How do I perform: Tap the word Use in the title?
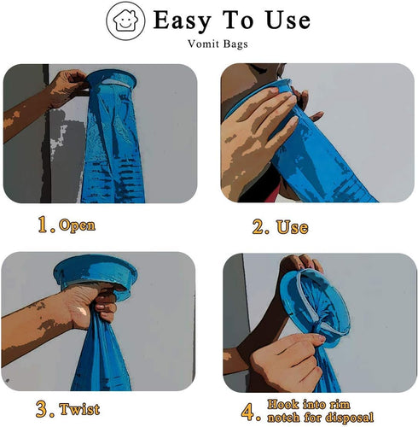click(x=283, y=20)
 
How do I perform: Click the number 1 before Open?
click(x=44, y=225)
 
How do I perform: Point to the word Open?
click(x=77, y=226)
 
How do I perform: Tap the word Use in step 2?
click(x=293, y=228)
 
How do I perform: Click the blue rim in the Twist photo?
click(x=95, y=272)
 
